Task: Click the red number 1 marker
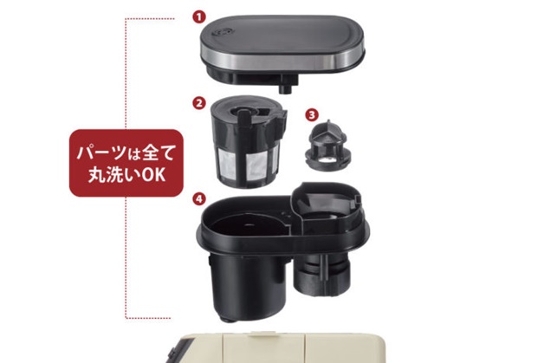[199, 17]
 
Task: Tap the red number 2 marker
[198, 103]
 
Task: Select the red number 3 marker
[312, 115]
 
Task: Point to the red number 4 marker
[198, 199]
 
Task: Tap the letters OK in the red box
[153, 175]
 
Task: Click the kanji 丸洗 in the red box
[105, 175]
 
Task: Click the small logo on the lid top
[219, 33]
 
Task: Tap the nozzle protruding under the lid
[285, 88]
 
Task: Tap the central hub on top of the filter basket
[244, 113]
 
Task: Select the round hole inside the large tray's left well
[249, 225]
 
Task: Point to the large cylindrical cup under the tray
[244, 282]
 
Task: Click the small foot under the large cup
[226, 320]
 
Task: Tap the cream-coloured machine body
[277, 348]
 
